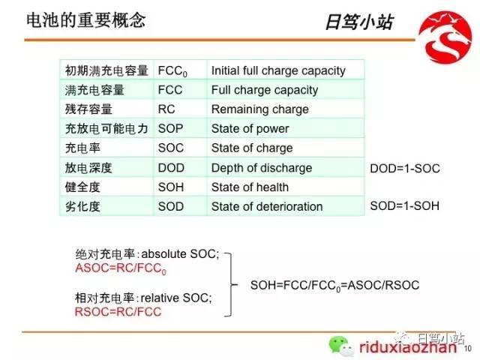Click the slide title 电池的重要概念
tap(86, 20)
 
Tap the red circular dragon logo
tap(445, 37)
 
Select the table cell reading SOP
tap(170, 129)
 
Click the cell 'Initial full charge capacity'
tap(278, 70)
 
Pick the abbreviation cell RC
tap(166, 109)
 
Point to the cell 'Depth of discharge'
tap(262, 168)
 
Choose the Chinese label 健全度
tap(82, 187)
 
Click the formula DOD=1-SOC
tap(405, 168)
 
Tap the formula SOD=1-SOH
tap(405, 205)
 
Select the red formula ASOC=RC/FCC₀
tap(121, 268)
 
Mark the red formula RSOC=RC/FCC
tap(118, 312)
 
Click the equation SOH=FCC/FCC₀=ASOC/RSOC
tap(335, 286)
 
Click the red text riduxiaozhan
tap(408, 347)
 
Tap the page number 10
tap(467, 348)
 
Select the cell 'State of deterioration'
tap(267, 207)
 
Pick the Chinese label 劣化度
tap(82, 207)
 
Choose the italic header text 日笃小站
tap(359, 22)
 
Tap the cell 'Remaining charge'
tap(260, 109)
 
